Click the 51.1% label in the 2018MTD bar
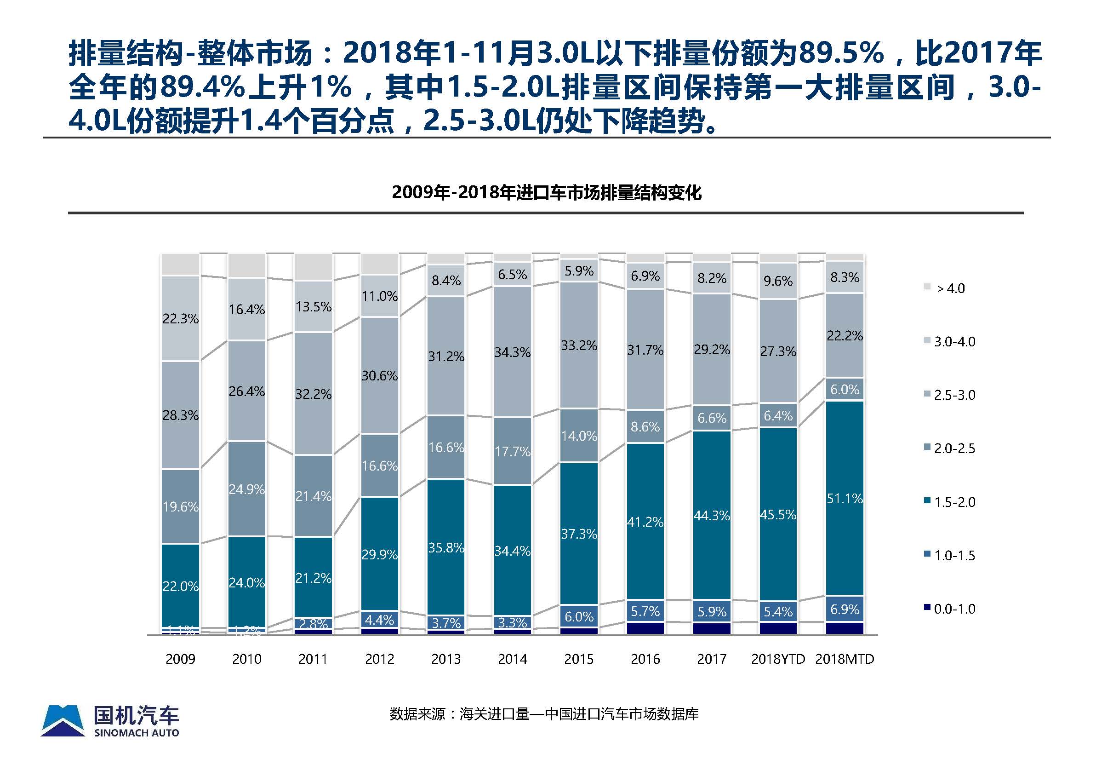[x=844, y=498]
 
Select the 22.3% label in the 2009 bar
[x=180, y=319]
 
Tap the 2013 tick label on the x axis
[x=445, y=659]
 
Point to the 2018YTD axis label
[x=777, y=659]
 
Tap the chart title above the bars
[x=546, y=193]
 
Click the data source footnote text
[x=544, y=714]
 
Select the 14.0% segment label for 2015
[x=578, y=436]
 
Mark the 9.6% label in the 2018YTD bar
[x=777, y=281]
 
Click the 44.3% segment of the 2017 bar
[x=711, y=516]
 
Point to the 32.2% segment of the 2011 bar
[x=313, y=394]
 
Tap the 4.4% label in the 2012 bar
[x=379, y=620]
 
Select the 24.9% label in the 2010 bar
[x=246, y=489]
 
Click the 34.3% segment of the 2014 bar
[x=512, y=352]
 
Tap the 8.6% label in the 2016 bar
[x=645, y=426]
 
